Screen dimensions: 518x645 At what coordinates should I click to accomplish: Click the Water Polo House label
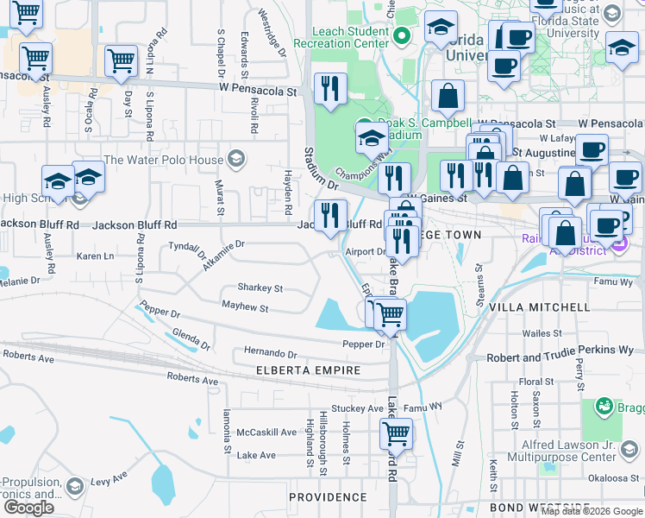pos(162,160)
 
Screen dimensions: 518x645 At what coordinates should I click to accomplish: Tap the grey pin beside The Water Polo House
pos(235,159)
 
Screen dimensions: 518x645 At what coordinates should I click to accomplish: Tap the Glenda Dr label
pos(191,338)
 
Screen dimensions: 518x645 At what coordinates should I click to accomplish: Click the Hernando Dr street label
pos(270,354)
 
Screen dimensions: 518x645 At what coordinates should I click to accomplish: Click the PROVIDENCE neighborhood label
pos(328,497)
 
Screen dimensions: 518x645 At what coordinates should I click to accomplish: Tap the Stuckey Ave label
pos(363,408)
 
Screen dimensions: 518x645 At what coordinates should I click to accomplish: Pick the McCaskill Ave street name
pos(266,432)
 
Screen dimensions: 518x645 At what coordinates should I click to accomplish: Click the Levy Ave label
pos(109,476)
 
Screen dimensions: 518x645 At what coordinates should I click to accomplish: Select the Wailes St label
pos(542,332)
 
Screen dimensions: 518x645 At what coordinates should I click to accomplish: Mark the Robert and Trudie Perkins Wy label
pos(560,357)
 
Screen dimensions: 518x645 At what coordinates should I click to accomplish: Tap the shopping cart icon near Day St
pos(121,60)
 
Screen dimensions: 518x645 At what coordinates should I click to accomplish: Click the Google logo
pos(28,508)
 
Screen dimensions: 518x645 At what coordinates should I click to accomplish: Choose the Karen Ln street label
pos(95,256)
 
